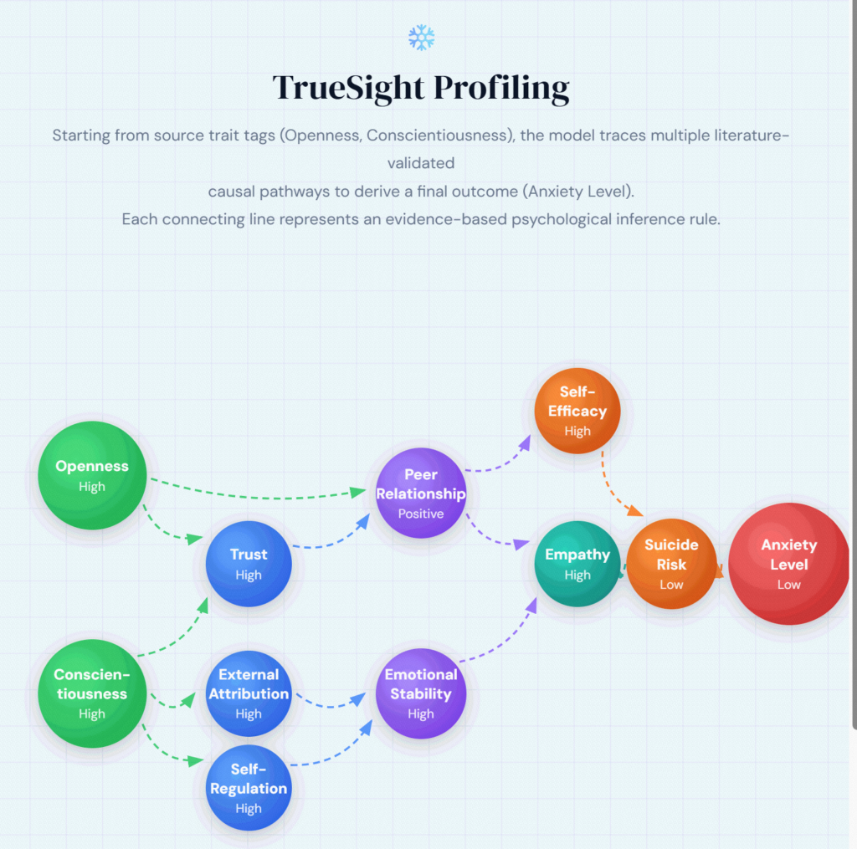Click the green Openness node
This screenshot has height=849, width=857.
(x=92, y=474)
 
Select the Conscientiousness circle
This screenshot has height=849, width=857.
(x=92, y=693)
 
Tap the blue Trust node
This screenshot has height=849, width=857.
(x=249, y=564)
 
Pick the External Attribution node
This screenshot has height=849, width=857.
(x=249, y=693)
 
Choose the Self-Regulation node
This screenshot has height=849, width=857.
(x=249, y=787)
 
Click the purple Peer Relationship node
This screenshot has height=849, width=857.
(x=421, y=494)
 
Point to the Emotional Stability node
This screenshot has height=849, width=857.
(x=421, y=693)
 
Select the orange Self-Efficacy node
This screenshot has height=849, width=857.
(x=577, y=411)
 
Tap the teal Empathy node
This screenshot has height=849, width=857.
(x=577, y=564)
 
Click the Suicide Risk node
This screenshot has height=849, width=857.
(x=671, y=564)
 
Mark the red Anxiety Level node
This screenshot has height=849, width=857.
(x=788, y=564)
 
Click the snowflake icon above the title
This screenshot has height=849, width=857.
(x=421, y=37)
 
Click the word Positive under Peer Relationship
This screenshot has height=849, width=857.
(x=421, y=514)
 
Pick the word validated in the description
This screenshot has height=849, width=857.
(x=421, y=162)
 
